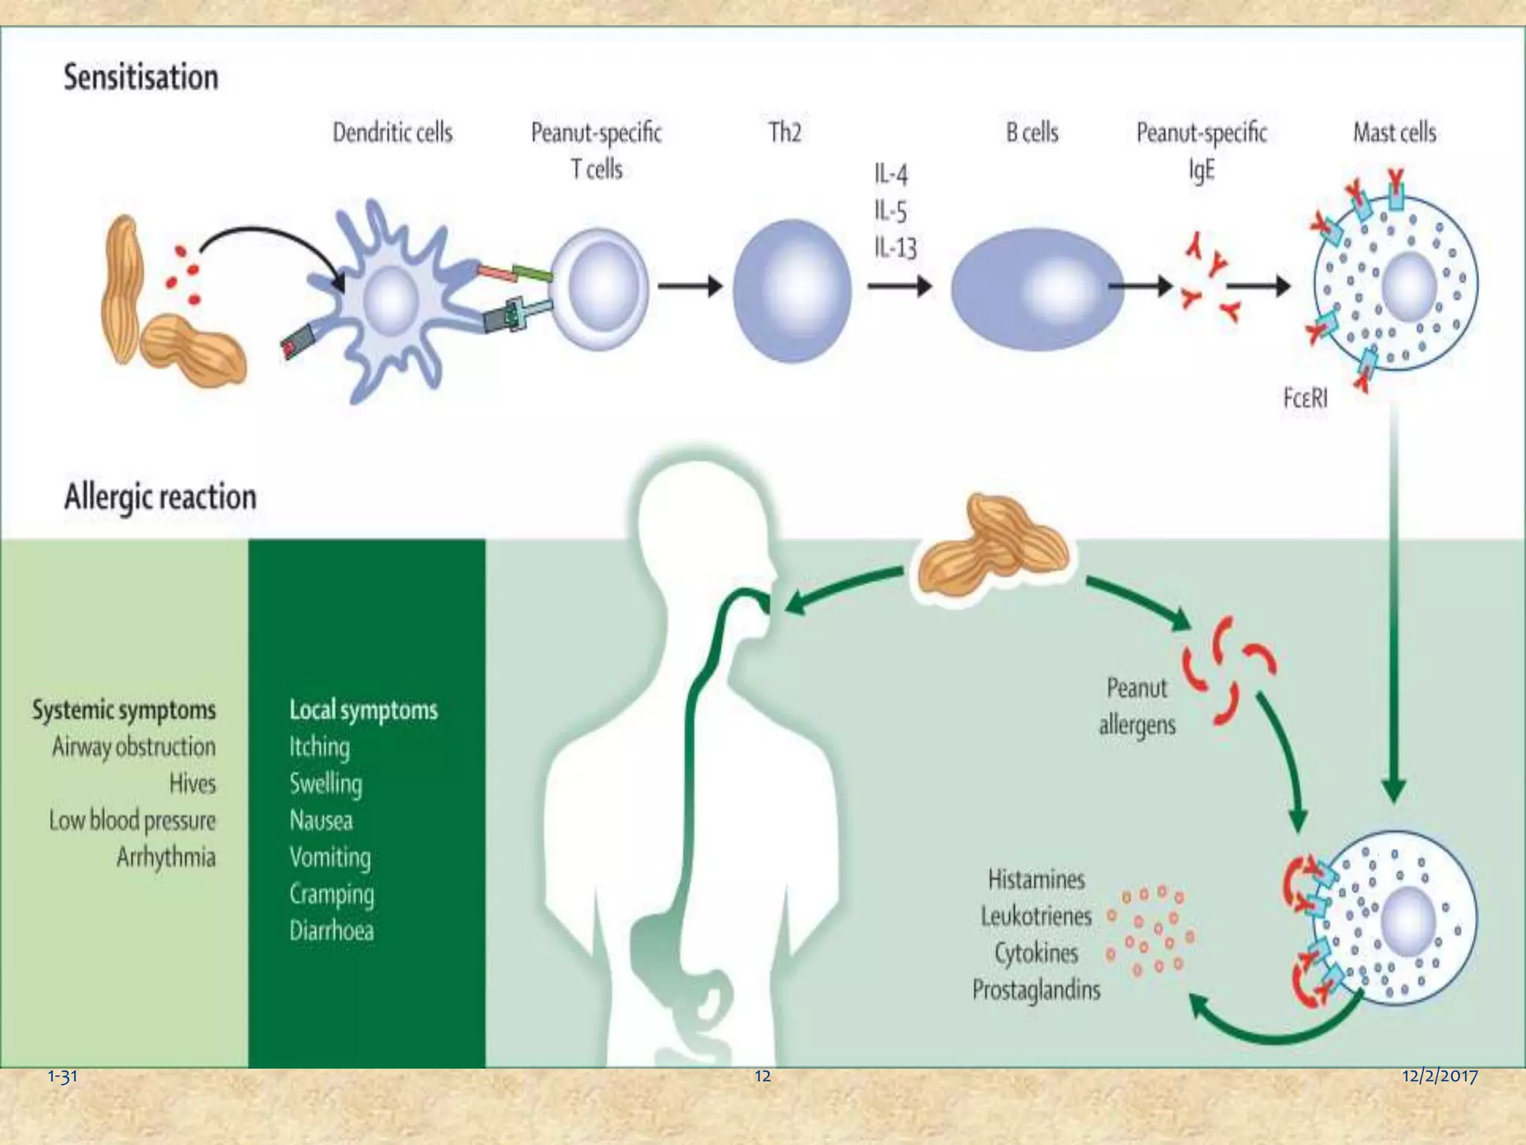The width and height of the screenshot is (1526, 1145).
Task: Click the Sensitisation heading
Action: (141, 78)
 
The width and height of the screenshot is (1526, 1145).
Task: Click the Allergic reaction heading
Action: (160, 497)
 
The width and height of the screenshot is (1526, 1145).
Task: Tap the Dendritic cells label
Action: (392, 133)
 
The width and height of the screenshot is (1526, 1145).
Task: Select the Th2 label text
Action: (785, 133)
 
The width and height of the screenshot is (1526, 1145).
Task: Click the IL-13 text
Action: (895, 247)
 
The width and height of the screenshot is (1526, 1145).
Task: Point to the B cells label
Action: (1032, 133)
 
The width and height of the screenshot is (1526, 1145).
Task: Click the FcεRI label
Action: (1305, 398)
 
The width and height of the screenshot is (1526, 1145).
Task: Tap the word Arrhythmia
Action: (165, 857)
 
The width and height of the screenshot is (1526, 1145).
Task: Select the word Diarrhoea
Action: (332, 931)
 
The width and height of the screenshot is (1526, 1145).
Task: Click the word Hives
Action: (192, 783)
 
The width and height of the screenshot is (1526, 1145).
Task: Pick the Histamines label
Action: (1036, 880)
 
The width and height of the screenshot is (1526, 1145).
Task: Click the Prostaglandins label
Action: (1036, 990)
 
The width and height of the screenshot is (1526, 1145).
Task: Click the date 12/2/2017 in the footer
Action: (1439, 1076)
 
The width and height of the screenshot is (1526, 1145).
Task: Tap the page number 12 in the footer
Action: (762, 1076)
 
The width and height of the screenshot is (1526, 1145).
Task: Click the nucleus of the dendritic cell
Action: (390, 300)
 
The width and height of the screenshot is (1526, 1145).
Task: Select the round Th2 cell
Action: (791, 291)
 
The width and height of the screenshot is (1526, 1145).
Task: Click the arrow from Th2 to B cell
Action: (899, 286)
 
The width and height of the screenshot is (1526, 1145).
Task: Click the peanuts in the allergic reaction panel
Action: (991, 548)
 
